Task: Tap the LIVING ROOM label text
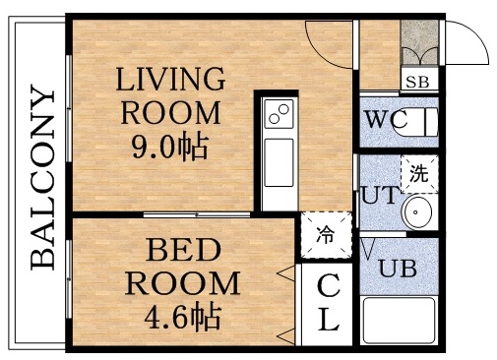[172, 94]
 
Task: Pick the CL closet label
[328, 303]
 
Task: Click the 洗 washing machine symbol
[419, 174]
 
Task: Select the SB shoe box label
[418, 82]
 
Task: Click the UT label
[378, 195]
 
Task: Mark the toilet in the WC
[424, 122]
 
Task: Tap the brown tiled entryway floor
[420, 43]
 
